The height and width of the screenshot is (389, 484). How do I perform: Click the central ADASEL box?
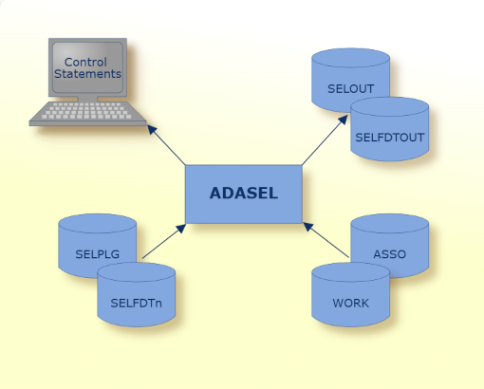pyautogui.click(x=243, y=194)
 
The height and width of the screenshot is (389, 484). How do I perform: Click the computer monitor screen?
pyautogui.click(x=87, y=67)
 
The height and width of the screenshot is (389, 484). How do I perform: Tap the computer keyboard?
pyautogui.click(x=87, y=113)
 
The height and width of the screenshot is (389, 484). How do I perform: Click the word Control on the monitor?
pyautogui.click(x=86, y=62)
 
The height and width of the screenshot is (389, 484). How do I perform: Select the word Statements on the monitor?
pyautogui.click(x=87, y=74)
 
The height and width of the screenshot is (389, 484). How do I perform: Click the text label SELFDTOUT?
pyautogui.click(x=389, y=138)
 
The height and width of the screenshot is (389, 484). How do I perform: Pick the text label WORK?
pyautogui.click(x=350, y=305)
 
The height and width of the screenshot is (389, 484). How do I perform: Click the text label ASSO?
pyautogui.click(x=389, y=254)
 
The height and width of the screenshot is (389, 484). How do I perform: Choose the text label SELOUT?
pyautogui.click(x=350, y=88)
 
